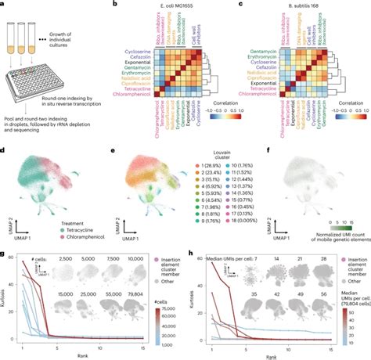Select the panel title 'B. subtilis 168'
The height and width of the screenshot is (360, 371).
(290, 6)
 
